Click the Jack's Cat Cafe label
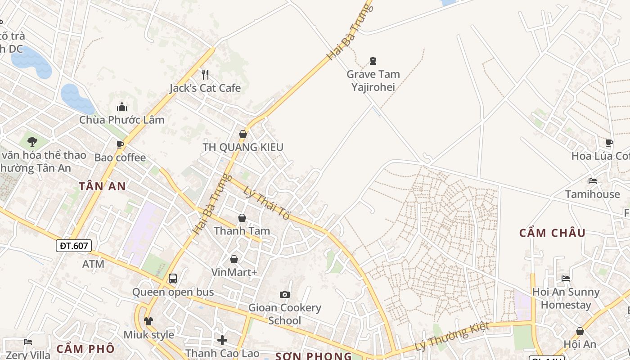coord(205,88)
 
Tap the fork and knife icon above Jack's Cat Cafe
coord(205,74)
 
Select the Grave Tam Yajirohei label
coord(373,80)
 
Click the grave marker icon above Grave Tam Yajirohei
coord(373,60)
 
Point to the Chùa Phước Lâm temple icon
coord(121,107)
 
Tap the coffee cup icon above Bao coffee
coord(120,144)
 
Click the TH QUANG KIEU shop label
coord(243,147)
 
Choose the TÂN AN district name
coord(102,186)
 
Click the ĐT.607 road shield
coord(74,246)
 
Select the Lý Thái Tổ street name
coord(266,201)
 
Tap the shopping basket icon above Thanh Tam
coord(242,218)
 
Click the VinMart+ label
coord(234,272)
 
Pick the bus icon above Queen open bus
coord(173,278)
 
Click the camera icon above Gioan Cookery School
coord(284,294)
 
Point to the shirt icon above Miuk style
coord(148,321)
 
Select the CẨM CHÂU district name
coord(552,233)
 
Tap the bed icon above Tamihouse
coord(593,181)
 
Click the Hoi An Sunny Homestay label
coord(566,298)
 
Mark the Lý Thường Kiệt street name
coord(451,336)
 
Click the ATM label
coord(93,264)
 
